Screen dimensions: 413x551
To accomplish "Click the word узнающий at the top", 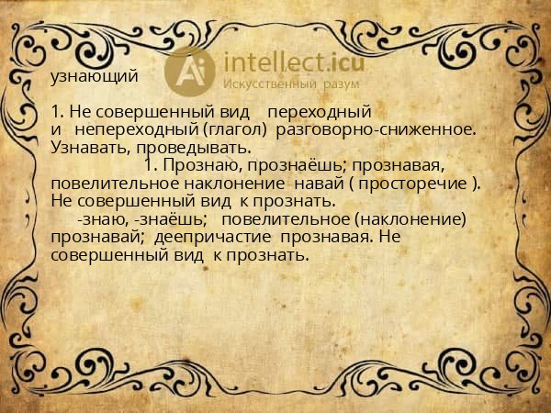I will [94, 76].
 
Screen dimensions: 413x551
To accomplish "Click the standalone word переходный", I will [318, 112].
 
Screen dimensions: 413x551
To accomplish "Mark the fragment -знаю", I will [103, 218].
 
